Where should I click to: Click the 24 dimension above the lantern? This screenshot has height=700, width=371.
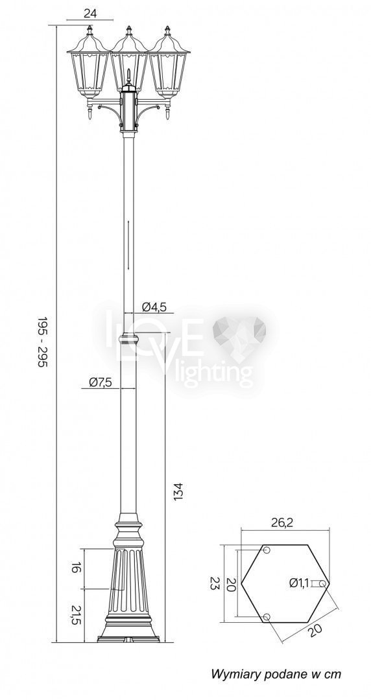tap(90, 14)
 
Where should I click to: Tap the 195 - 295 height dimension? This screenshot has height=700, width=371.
tap(42, 342)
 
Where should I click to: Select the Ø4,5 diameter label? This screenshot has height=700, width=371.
tap(154, 307)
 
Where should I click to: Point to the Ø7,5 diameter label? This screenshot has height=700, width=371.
tap(100, 382)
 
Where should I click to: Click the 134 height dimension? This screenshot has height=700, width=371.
tap(178, 491)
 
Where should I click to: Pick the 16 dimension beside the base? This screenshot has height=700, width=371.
tap(76, 568)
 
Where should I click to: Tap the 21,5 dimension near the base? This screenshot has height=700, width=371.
tap(76, 615)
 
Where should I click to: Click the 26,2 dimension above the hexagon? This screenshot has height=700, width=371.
tap(282, 523)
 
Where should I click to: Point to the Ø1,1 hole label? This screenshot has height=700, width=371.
tap(299, 583)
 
